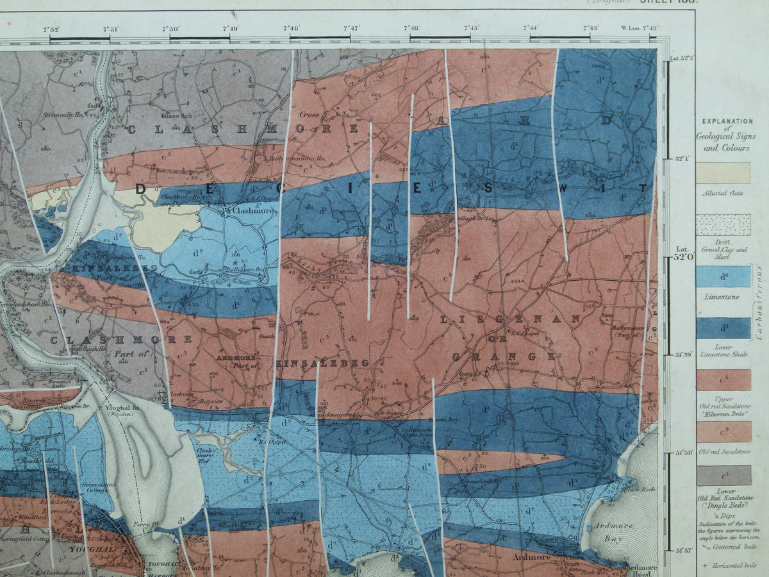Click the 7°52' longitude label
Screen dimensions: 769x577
tap(51, 28)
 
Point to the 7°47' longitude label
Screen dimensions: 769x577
tap(351, 28)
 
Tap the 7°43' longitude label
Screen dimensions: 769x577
tap(590, 28)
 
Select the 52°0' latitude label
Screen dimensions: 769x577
tap(684, 257)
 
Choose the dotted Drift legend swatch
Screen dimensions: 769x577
tap(724, 225)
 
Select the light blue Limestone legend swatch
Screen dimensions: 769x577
tap(724, 277)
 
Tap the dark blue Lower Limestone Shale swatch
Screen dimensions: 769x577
tap(724, 328)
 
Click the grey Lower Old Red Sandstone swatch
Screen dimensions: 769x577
tap(724, 475)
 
